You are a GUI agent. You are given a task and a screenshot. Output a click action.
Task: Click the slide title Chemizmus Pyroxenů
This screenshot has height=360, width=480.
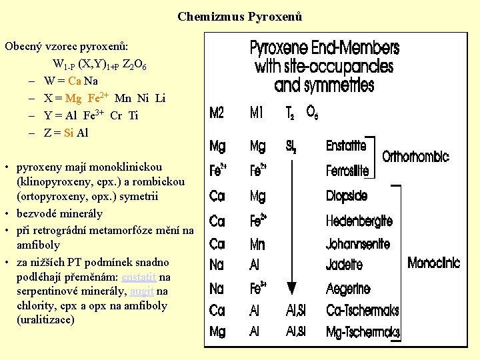click(240, 16)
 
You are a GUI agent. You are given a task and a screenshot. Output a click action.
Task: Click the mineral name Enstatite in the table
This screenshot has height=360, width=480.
click(346, 145)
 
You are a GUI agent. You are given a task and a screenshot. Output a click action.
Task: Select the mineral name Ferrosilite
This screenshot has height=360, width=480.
click(347, 171)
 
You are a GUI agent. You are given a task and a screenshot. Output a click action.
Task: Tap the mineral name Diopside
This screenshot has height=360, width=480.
click(347, 196)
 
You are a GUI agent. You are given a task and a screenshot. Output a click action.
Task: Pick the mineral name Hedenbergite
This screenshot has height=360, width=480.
click(359, 221)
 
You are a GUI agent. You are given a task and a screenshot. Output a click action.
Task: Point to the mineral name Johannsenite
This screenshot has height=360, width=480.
click(357, 243)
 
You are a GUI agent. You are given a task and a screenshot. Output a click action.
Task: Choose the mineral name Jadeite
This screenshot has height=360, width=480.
click(344, 265)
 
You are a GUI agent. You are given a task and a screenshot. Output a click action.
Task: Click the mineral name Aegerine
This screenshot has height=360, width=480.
click(348, 289)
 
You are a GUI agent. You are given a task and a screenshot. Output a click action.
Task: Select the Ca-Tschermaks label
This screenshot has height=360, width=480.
click(363, 310)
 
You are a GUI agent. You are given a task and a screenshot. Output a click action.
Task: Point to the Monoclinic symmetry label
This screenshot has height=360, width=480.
click(433, 263)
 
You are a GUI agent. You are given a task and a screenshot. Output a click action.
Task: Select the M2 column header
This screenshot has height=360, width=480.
click(217, 113)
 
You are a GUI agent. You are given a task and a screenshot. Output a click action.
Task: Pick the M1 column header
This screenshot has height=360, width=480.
click(257, 113)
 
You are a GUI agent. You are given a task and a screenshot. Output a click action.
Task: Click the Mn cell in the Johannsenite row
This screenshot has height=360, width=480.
click(258, 244)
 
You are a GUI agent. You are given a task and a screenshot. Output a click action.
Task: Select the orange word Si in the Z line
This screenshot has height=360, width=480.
click(69, 133)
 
